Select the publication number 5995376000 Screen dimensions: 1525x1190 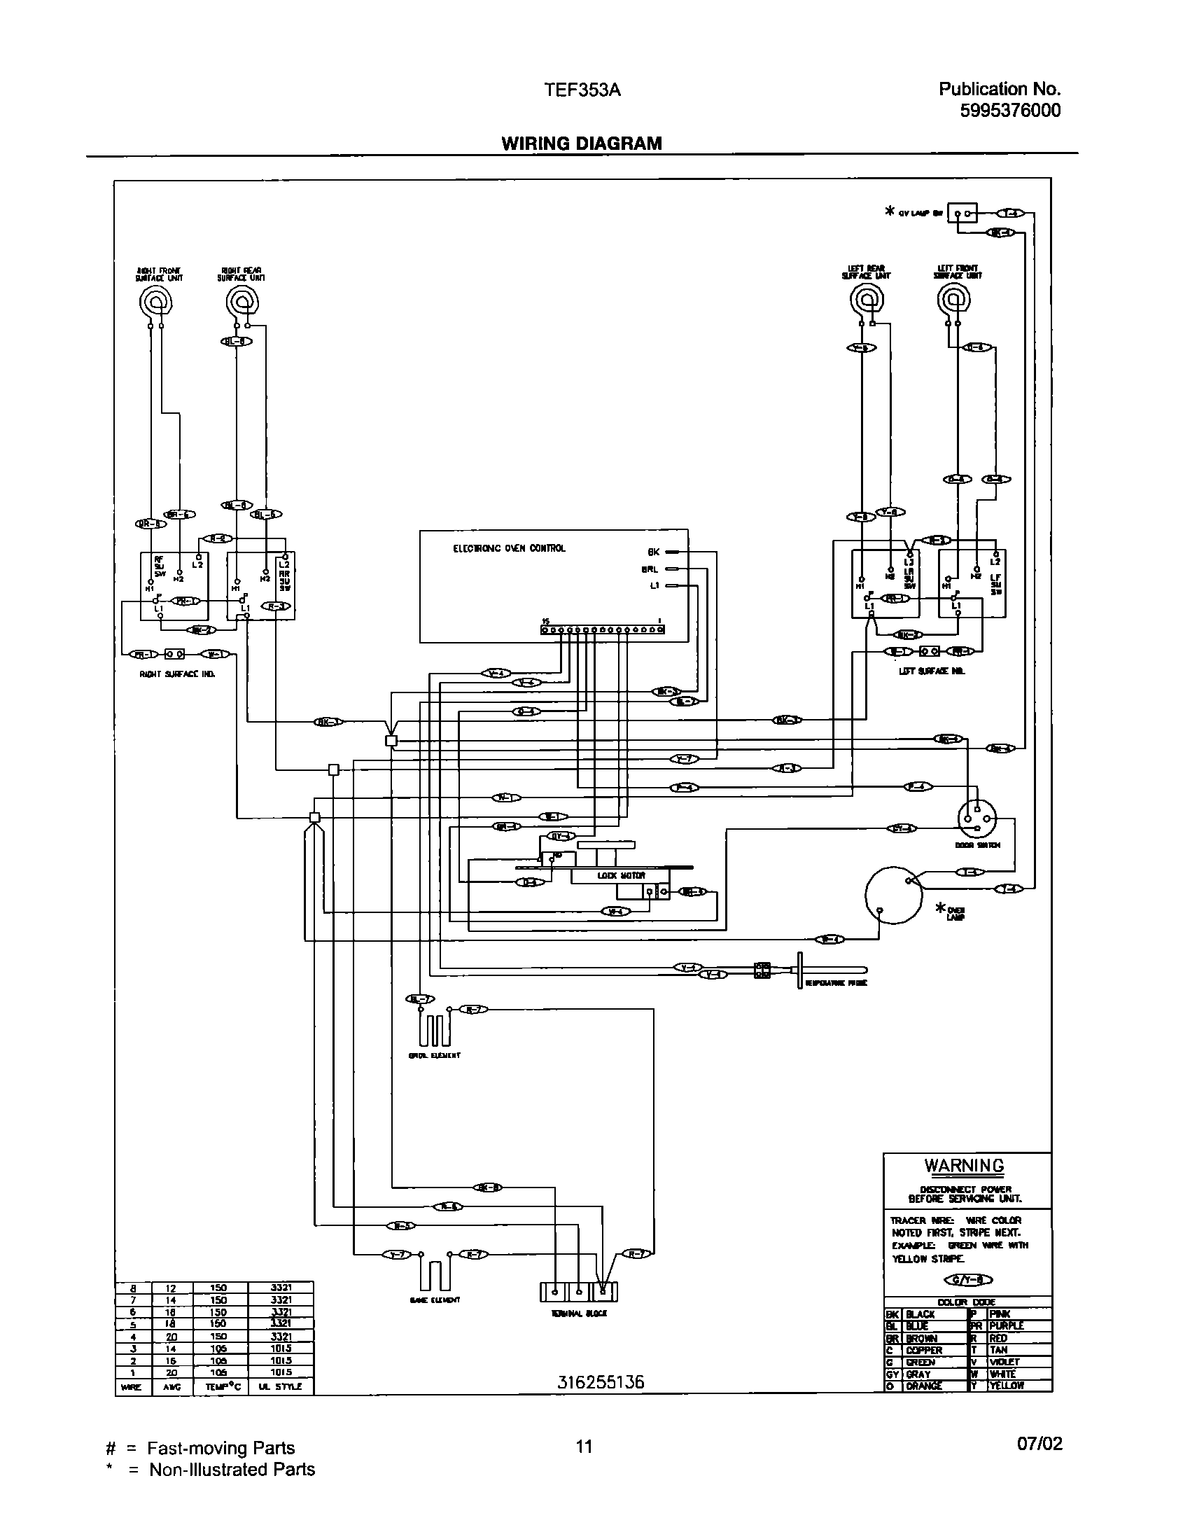tap(1010, 111)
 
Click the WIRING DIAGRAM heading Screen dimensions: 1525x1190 tap(581, 144)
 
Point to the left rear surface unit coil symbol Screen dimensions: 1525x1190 tap(867, 301)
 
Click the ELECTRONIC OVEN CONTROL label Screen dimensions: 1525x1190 tap(509, 548)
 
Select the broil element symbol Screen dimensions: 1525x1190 tap(434, 1029)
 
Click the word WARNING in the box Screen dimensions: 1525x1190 tap(964, 1165)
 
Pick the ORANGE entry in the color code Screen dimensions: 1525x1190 tap(924, 1386)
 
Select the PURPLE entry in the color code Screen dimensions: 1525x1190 tap(1006, 1325)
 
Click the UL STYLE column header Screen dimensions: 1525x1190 tap(280, 1386)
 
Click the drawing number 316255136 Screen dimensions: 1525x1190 tap(601, 1382)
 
